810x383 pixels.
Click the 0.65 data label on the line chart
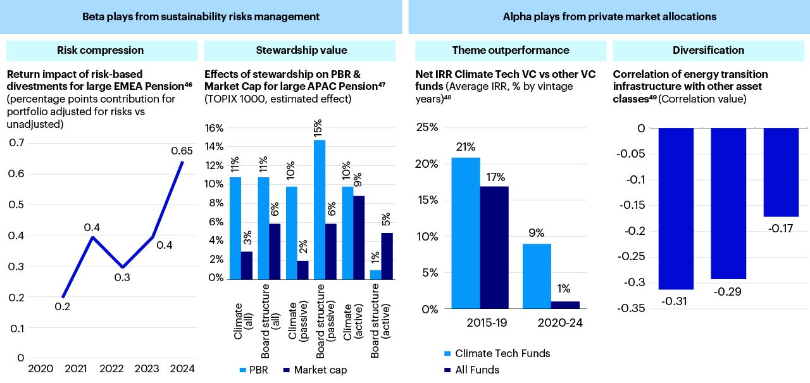click(x=182, y=151)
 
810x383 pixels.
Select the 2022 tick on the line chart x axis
click(x=111, y=369)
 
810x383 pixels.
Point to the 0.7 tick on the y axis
click(x=17, y=143)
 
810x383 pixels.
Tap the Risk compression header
click(x=100, y=50)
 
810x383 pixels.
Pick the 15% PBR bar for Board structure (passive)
click(x=320, y=209)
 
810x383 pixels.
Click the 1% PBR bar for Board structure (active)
click(x=376, y=274)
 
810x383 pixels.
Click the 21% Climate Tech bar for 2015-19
click(x=466, y=233)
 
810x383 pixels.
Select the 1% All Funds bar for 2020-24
click(x=565, y=305)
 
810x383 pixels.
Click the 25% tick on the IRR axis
click(x=427, y=128)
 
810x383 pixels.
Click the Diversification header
click(x=708, y=50)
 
